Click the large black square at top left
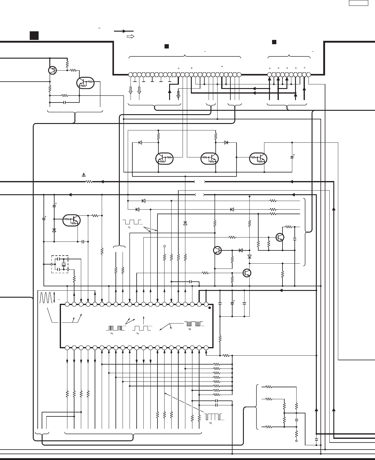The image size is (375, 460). click(x=34, y=35)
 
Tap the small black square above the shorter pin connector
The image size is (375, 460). click(x=274, y=42)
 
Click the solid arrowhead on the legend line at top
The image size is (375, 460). click(x=124, y=31)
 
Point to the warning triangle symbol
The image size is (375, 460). click(x=84, y=175)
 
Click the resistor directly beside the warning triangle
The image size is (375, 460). click(x=89, y=182)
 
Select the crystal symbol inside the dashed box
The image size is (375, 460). click(x=64, y=264)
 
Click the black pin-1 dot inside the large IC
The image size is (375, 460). click(x=209, y=307)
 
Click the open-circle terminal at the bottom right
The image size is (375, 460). click(x=296, y=441)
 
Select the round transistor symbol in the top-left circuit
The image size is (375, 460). click(x=53, y=70)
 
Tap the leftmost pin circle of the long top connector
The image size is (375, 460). click(x=131, y=75)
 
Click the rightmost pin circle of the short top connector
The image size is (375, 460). click(x=309, y=75)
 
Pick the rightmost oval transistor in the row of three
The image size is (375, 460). click(x=259, y=158)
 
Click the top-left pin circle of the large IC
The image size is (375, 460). click(x=67, y=304)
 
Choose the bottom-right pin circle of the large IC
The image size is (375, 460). click(x=206, y=348)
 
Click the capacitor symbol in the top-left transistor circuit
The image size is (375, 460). click(x=64, y=102)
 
